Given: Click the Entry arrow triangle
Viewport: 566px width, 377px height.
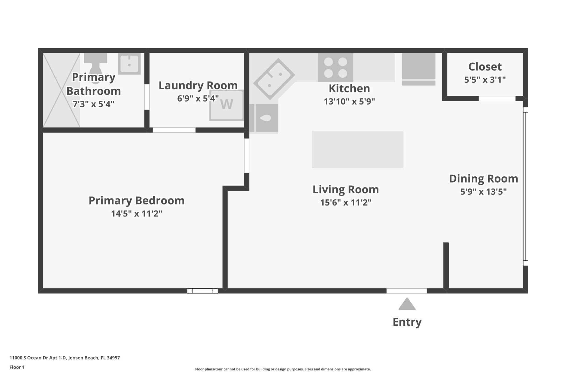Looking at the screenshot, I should (407, 305).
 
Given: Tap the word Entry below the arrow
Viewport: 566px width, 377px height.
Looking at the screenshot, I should (407, 322).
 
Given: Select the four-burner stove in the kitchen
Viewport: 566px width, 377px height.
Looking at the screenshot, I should (335, 67).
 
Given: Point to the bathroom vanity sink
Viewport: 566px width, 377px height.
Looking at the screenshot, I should (129, 64).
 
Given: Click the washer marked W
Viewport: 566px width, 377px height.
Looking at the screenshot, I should (226, 105).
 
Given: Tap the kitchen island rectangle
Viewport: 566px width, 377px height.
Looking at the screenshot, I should (357, 149).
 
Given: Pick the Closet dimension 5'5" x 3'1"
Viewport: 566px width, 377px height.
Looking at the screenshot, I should (485, 80).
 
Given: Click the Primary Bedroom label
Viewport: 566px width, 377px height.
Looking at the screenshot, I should (136, 201).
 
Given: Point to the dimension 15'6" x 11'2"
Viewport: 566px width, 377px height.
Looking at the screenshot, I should (345, 203).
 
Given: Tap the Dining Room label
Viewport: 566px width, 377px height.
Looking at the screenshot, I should (483, 179).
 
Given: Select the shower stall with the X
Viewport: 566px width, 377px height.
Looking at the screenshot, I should (61, 90).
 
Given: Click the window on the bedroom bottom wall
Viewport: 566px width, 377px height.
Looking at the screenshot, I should (203, 291).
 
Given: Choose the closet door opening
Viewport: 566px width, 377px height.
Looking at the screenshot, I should (497, 99).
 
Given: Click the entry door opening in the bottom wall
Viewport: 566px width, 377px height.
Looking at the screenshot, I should (407, 291).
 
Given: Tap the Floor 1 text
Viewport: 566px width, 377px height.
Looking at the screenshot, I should (17, 367).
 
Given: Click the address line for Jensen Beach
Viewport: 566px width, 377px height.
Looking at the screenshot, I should (65, 358).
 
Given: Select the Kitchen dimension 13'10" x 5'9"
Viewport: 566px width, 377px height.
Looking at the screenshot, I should (349, 102).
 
